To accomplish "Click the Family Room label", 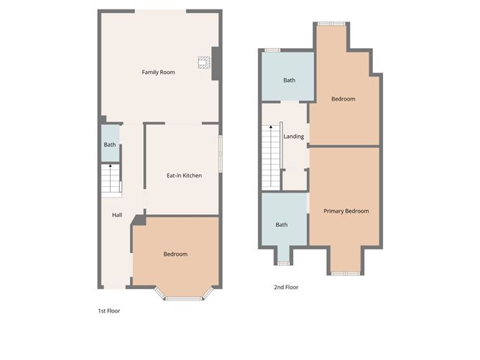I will (158, 72).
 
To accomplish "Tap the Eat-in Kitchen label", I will (184, 175).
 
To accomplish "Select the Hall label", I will (116, 215).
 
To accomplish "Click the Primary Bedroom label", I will (346, 211).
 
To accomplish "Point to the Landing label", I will (294, 137).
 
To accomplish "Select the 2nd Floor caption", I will (286, 287).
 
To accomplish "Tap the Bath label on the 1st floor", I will (109, 144).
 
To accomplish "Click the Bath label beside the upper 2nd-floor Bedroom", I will (289, 80).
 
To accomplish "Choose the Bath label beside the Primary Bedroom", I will (282, 224).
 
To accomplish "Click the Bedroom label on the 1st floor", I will (175, 254).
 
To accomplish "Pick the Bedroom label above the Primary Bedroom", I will (343, 99).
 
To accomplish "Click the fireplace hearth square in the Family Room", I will (204, 62).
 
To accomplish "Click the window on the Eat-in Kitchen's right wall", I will (220, 153).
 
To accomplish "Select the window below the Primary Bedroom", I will (343, 273).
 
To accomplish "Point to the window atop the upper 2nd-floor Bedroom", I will (331, 24).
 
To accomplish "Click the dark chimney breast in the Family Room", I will (215, 63).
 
